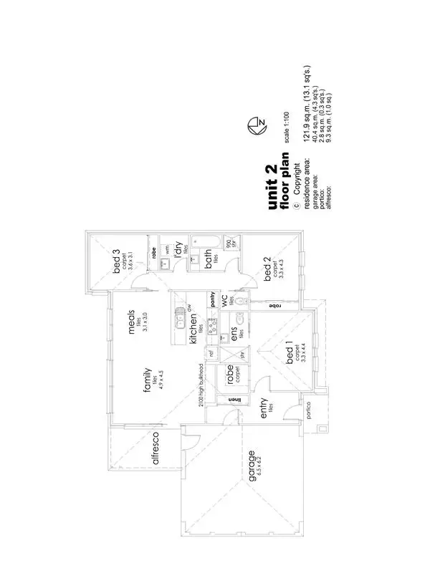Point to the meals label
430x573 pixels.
coord(133,320)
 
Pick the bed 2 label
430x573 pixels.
coord(267,271)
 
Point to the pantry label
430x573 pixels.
coord(213,299)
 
